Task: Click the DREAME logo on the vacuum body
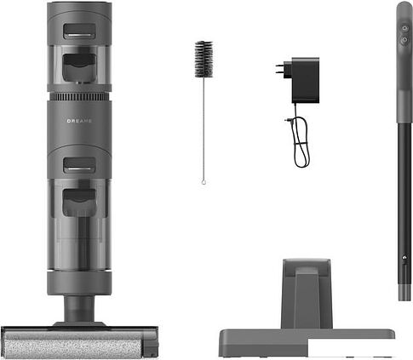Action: [79, 121]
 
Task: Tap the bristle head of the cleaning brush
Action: [204, 59]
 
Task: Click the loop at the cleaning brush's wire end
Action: [204, 182]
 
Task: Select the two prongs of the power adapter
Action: [280, 70]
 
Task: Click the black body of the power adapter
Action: [305, 80]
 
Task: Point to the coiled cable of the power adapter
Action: [301, 142]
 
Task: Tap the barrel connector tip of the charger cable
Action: [288, 120]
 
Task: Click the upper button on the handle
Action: [404, 29]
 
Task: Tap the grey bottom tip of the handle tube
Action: [404, 292]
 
